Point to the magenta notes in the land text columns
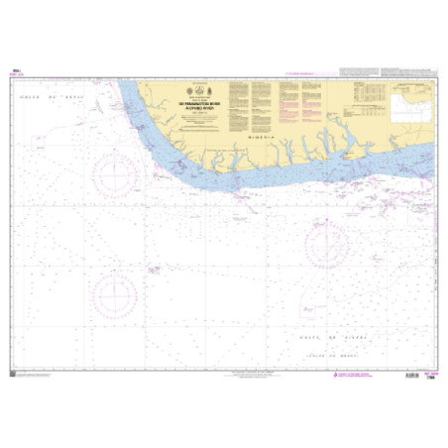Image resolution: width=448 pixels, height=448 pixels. pos(288,99)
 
